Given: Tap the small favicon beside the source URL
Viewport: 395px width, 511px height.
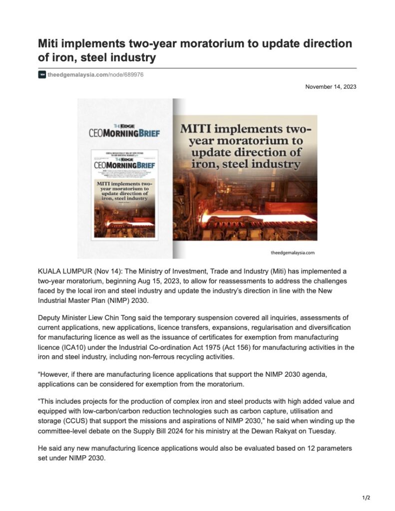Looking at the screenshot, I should (x=42, y=74).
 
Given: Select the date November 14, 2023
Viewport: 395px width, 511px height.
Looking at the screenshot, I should (x=331, y=87).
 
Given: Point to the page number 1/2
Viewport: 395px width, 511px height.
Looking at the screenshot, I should (x=366, y=498).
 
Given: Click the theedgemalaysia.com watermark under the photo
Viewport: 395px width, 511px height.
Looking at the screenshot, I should (x=293, y=253).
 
